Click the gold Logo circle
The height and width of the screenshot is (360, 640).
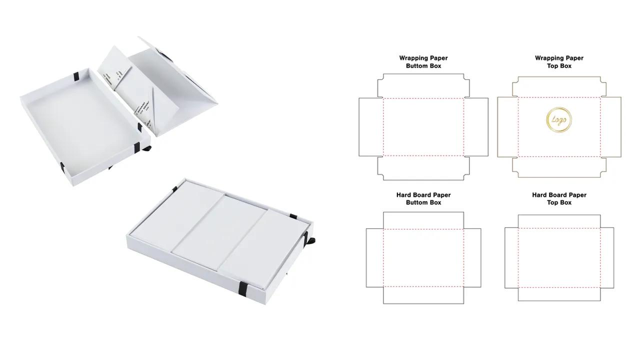(x=559, y=120)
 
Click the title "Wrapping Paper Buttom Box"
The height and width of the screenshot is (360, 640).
(x=423, y=62)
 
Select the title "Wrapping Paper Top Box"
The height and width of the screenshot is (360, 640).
(x=559, y=62)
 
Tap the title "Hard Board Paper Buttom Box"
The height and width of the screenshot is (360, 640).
(x=423, y=198)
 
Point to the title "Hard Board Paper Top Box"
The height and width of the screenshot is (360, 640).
(x=559, y=198)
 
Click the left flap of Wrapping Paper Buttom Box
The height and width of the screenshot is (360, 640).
(x=370, y=127)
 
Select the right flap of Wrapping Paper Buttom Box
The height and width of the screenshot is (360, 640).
(x=476, y=127)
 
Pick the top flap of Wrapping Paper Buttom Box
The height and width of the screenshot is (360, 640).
(x=423, y=86)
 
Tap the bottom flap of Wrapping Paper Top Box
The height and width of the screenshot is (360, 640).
(x=559, y=166)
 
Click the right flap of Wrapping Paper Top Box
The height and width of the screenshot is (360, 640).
(x=610, y=127)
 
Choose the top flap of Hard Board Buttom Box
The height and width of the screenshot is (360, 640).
(x=423, y=220)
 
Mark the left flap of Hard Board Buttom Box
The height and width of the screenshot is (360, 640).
(x=374, y=258)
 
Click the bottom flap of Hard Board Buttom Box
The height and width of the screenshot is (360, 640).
(x=423, y=295)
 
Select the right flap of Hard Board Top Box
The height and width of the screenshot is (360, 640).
(x=607, y=258)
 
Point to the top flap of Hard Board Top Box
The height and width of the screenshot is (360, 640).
(x=559, y=222)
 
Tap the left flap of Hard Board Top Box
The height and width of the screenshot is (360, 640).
(x=511, y=258)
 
